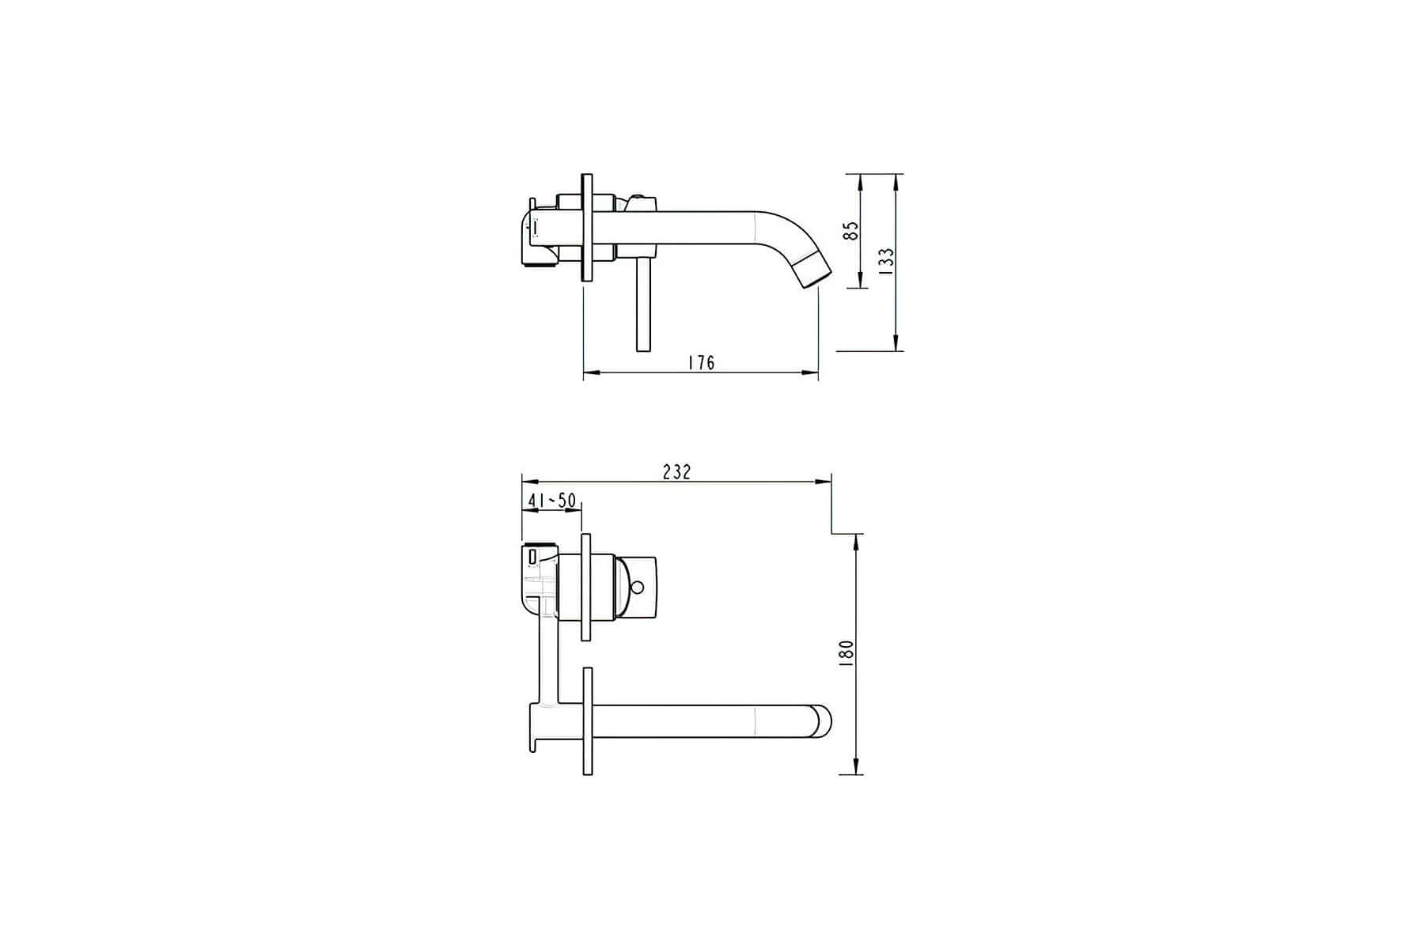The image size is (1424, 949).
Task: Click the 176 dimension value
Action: pos(701,362)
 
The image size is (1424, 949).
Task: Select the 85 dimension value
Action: pos(850,231)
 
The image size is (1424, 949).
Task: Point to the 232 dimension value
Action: pos(676,472)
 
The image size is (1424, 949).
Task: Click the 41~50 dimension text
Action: pos(551,501)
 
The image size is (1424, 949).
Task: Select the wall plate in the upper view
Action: pos(586,227)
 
